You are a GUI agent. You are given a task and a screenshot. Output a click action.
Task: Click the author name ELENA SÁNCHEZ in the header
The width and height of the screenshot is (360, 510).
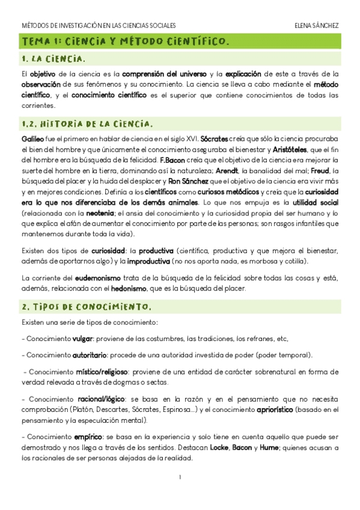317,26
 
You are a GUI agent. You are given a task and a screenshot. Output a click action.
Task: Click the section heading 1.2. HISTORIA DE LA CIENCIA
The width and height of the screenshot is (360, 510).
86,124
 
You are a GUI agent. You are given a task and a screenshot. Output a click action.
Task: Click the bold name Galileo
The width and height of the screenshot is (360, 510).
32,138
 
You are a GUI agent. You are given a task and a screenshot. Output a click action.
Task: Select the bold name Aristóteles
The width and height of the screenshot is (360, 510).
291,149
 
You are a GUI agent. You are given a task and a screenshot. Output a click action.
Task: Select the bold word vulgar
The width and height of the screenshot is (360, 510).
82,339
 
